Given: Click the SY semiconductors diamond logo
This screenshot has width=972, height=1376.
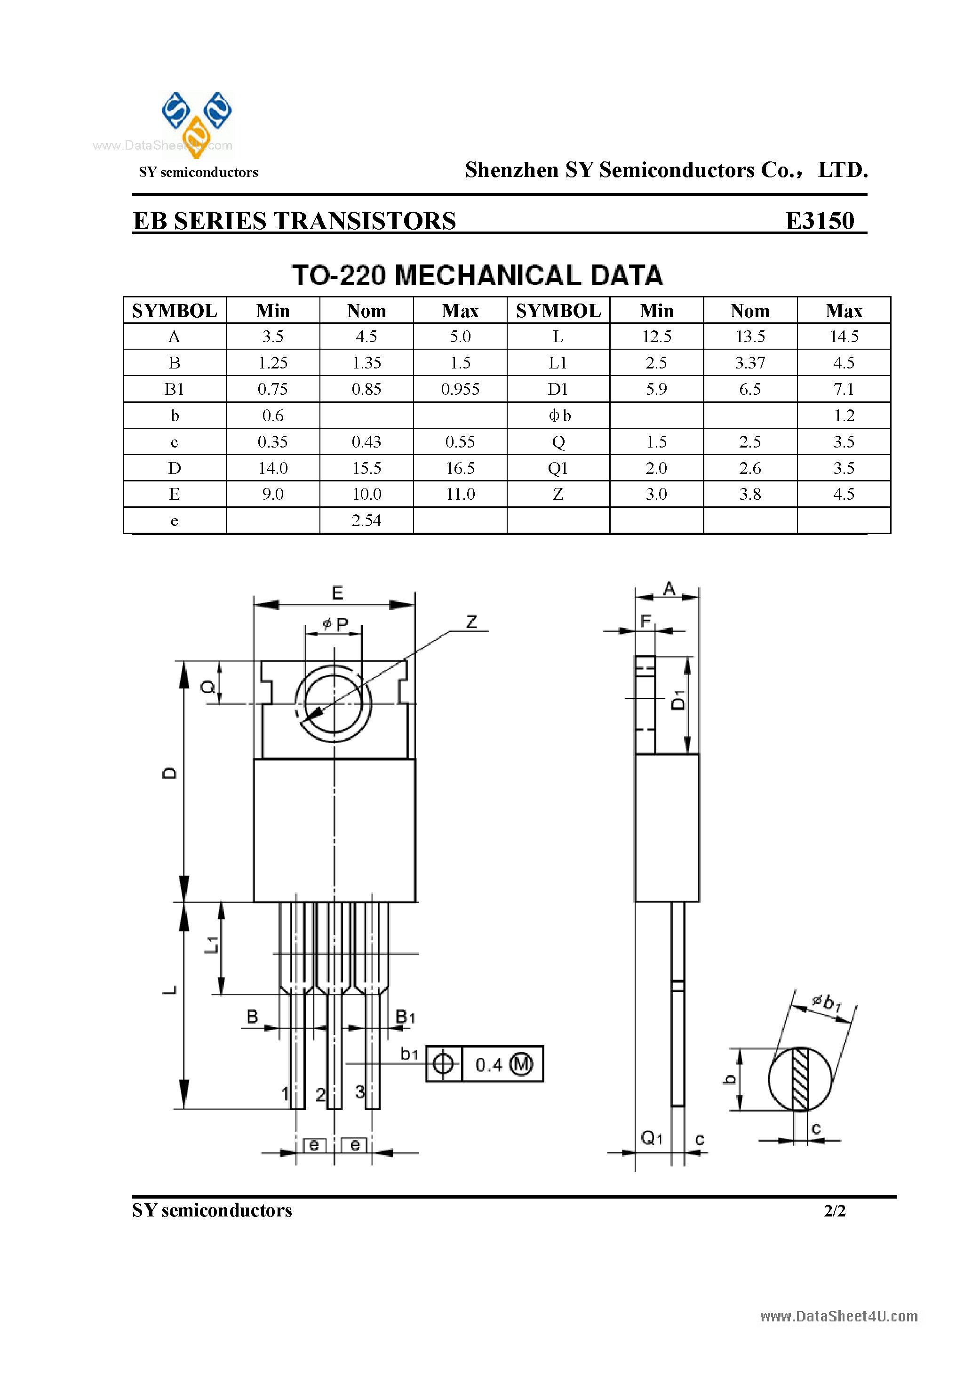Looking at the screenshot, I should [197, 123].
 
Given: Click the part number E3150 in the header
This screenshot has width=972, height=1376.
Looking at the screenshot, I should [819, 221].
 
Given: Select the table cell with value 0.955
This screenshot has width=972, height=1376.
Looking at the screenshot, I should [460, 389].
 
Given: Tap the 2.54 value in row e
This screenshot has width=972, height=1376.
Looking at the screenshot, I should [366, 520].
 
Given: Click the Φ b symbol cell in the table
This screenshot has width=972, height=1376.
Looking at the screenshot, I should [558, 416].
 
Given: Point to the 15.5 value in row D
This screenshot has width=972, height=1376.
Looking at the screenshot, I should [366, 468].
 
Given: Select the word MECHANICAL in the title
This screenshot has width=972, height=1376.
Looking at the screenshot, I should [489, 276].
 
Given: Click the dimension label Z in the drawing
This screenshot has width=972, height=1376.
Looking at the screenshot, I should [471, 622].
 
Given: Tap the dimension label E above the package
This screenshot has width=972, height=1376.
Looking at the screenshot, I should [337, 593].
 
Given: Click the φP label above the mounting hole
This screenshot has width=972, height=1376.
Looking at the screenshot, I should [335, 624].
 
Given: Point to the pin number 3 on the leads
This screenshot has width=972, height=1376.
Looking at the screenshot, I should [359, 1091].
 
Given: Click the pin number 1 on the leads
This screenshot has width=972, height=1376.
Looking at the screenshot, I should [285, 1094].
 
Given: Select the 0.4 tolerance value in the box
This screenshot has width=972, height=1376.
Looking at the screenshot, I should [488, 1065].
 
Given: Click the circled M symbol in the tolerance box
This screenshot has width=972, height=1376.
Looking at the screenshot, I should [520, 1064].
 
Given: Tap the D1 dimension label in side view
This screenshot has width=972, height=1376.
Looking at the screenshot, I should [678, 699].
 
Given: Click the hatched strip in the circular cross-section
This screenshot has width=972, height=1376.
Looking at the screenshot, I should [800, 1079].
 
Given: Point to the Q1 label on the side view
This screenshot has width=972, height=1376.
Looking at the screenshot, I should [652, 1137].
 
